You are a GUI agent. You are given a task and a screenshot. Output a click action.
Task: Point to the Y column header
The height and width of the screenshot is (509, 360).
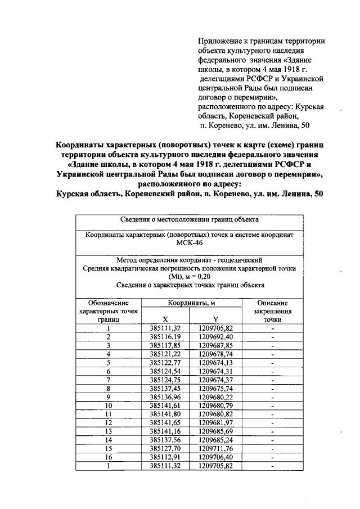pyautogui.click(x=215, y=319)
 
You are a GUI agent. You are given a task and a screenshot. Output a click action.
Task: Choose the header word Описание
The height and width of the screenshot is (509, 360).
pyautogui.click(x=272, y=303)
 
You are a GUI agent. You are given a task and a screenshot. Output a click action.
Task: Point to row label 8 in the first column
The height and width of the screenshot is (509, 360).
pyautogui.click(x=108, y=388)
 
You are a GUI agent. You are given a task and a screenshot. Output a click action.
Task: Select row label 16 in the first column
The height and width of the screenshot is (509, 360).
pyautogui.click(x=108, y=457)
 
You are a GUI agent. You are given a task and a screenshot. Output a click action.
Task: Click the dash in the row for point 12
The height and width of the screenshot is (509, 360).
pyautogui.click(x=272, y=422)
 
